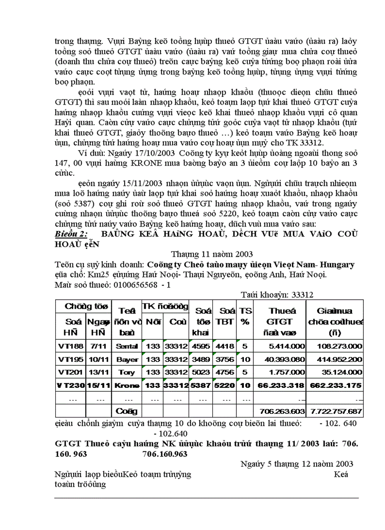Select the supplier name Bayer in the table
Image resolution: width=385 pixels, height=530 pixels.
pos(127,359)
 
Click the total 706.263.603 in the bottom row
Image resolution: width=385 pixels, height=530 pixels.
pos(280,412)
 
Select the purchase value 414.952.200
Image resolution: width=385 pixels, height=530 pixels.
pos(335,359)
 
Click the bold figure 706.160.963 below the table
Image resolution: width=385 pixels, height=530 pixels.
pos(165,454)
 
